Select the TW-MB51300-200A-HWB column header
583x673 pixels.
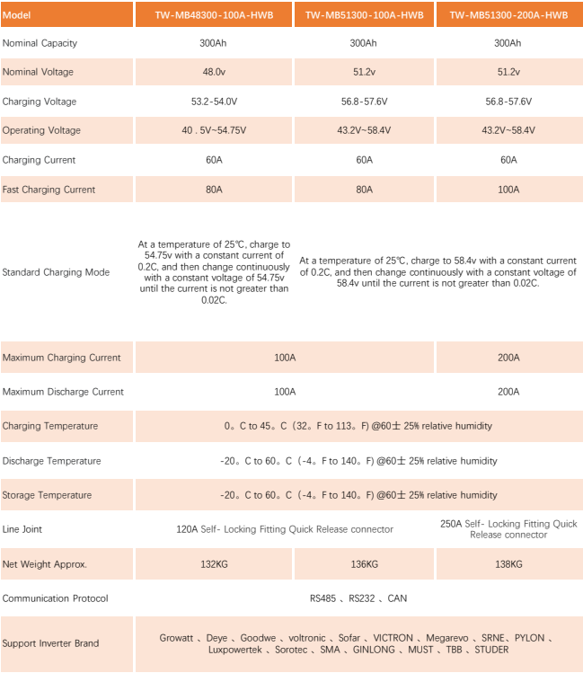point(508,15)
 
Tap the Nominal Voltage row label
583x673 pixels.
point(38,72)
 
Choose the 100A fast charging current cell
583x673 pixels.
point(508,190)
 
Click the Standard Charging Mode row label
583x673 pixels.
point(56,272)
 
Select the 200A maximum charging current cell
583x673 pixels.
point(508,358)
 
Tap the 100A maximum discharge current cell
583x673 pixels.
point(285,392)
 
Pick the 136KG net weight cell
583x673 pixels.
point(363,564)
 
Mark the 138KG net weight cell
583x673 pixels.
point(508,564)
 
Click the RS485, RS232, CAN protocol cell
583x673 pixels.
point(358,598)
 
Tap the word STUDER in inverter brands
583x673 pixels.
point(491,650)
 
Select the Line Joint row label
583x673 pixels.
point(24,529)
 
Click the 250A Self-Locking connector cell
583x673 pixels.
point(508,529)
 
